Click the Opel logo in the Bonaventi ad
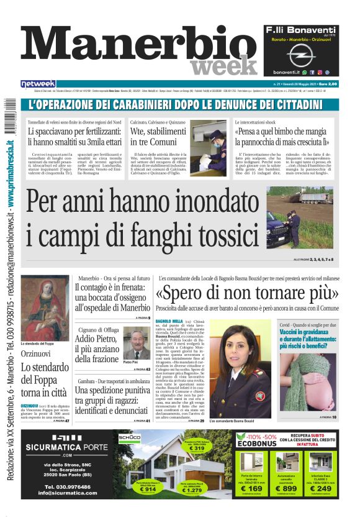301,56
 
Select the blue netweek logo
38,84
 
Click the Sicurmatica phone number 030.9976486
62,486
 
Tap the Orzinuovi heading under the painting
38,353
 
